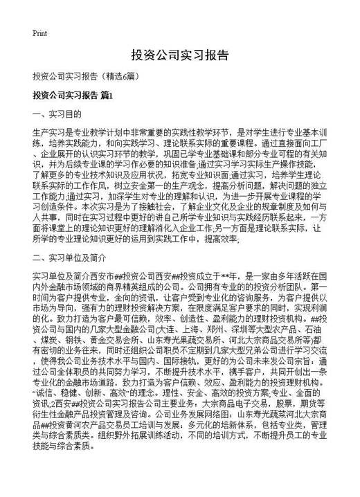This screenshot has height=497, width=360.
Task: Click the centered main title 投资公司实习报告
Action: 179,56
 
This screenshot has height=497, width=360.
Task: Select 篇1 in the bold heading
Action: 103,95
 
